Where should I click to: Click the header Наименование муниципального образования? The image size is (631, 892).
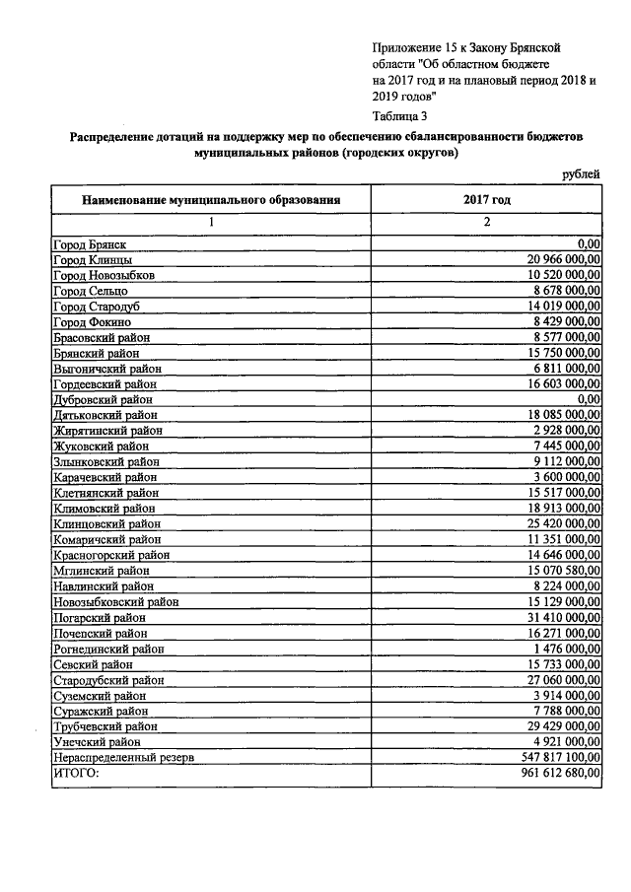[x=211, y=199]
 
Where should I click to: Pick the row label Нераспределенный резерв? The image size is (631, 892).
[x=123, y=757]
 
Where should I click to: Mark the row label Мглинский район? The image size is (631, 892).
[x=101, y=570]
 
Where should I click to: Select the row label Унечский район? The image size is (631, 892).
[x=98, y=741]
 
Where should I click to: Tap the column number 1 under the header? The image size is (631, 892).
[x=210, y=222]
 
